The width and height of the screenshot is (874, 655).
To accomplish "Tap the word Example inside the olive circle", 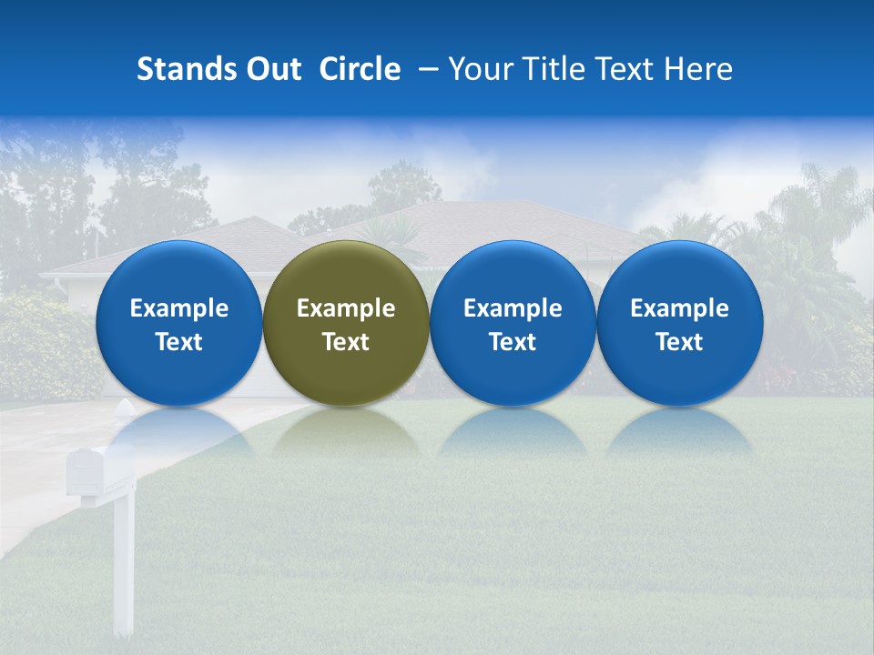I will coord(346,308).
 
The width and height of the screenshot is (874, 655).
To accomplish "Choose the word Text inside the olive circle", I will coord(346,342).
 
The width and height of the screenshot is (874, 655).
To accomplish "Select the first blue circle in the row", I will coord(179,273).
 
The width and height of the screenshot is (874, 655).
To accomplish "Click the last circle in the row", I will coord(680,273).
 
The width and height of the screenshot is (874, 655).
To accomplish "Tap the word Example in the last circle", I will coord(680,308).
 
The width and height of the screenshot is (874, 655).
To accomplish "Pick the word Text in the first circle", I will coord(179,342).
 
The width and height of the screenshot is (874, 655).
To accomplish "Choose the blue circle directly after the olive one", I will coord(513,273).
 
